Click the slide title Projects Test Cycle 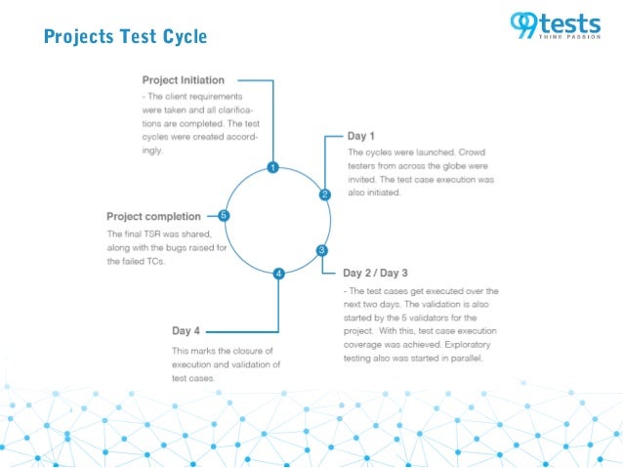pos(125,37)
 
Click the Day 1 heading pos(361,136)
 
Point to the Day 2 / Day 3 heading pos(376,273)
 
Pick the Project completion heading pos(154,216)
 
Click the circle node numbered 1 pos(273,168)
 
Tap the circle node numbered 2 pos(324,194)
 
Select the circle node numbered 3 pos(321,251)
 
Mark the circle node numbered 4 pos(279,275)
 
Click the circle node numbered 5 pos(224,216)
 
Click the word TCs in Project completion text pos(155,261)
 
